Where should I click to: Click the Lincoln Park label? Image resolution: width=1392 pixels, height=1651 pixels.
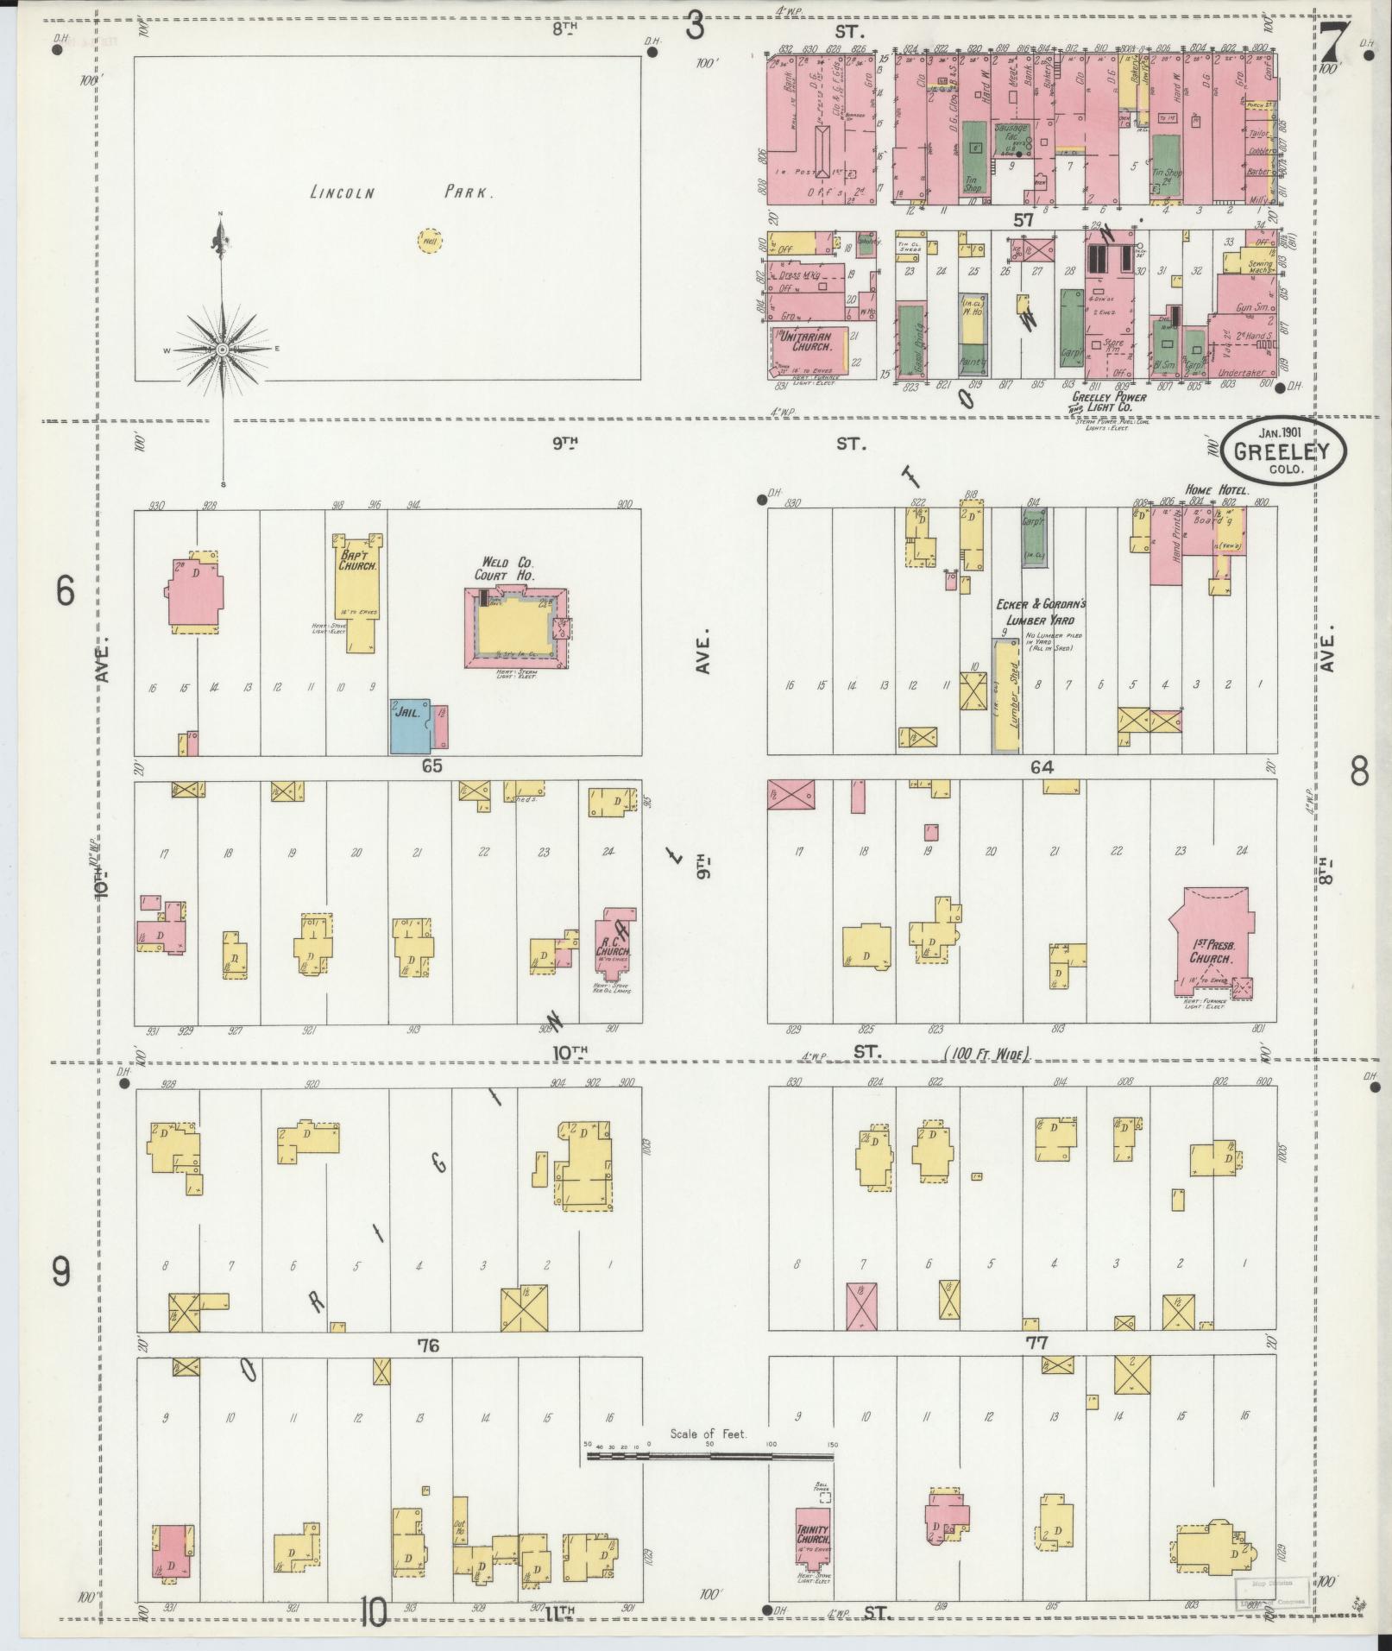point(401,193)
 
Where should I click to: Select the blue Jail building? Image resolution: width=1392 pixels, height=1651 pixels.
point(412,725)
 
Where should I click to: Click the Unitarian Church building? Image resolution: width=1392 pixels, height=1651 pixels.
point(807,348)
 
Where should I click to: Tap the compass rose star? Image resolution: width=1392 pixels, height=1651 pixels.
point(223,349)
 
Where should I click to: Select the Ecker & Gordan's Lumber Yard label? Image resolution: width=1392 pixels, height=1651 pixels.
point(1040,612)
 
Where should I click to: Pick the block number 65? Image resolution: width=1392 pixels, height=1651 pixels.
point(431,766)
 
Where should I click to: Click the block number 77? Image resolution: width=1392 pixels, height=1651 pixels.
point(1036,1343)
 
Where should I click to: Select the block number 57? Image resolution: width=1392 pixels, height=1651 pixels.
point(1024,220)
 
